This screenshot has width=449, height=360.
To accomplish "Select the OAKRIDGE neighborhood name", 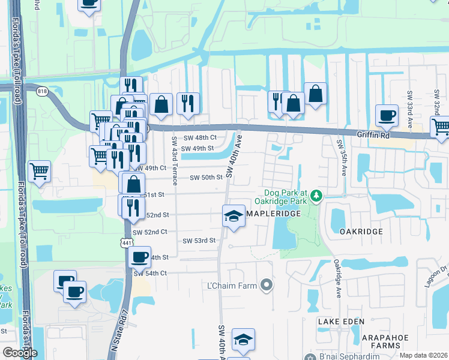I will click(361, 231).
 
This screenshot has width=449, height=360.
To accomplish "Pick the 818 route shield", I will click(41, 92).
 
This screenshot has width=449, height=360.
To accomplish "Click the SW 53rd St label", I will click(199, 241).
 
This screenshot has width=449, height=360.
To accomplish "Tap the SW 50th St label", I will click(206, 178).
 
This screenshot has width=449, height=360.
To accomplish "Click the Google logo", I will click(20, 353).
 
